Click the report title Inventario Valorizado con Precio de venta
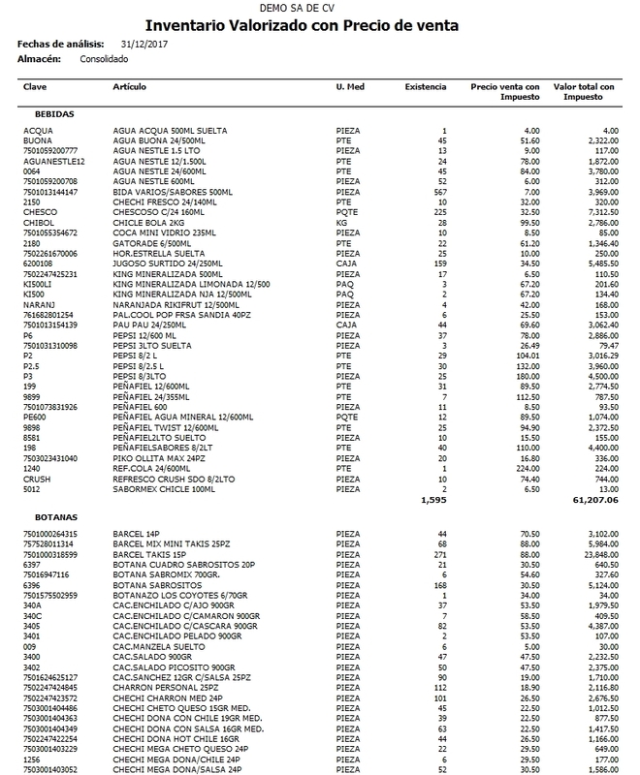coord(319,26)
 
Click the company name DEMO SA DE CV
coord(319,9)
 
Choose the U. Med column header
coord(348,87)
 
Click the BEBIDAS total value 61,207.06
coord(592,502)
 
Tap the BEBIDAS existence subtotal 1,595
coord(434,502)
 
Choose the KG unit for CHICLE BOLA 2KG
coord(340,222)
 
